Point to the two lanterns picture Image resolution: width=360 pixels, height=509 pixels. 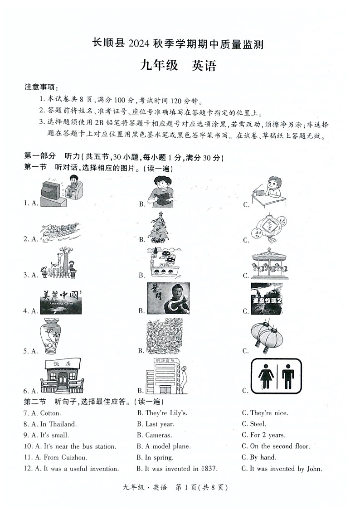click(267, 336)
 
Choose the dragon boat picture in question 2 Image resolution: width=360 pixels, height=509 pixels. click(59, 232)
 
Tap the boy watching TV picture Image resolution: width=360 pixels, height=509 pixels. click(62, 191)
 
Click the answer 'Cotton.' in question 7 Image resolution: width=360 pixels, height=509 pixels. click(50, 413)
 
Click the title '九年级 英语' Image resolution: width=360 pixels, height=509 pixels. click(178, 66)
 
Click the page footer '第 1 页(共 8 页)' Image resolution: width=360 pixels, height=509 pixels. click(201, 488)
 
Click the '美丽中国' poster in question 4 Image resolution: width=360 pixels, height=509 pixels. click(60, 302)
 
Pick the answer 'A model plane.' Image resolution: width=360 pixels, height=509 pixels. click(168, 446)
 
